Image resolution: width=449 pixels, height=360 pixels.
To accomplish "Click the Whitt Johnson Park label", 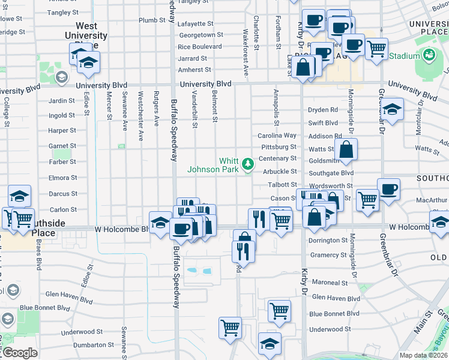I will tap(213, 165).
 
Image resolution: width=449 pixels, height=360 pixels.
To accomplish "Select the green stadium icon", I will tap(429, 56).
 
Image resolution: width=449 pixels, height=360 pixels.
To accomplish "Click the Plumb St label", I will tap(152, 20).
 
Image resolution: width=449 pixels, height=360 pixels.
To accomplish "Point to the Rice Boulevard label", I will tap(200, 47).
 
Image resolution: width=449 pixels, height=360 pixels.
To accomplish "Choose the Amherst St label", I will tap(192, 70).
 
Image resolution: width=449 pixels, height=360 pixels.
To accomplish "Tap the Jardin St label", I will tap(62, 100).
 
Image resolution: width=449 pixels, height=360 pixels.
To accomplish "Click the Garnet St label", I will tap(62, 146).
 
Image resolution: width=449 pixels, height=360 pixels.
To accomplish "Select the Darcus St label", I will tap(63, 194).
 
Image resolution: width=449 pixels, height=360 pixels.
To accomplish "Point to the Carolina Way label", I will tap(277, 136).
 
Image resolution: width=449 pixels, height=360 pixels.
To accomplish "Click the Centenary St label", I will tap(277, 158).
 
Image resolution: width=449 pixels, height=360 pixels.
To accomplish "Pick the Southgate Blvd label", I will tap(331, 173).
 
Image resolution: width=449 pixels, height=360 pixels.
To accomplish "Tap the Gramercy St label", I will tap(325, 255).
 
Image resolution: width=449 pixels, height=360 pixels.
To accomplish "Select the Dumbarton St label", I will tap(94, 345).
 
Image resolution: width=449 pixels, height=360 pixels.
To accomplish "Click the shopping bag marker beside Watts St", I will tap(347, 151).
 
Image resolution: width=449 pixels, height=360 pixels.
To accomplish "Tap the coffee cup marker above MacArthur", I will tap(388, 189).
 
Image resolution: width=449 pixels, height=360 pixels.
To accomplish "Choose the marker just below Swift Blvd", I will tap(391, 110).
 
